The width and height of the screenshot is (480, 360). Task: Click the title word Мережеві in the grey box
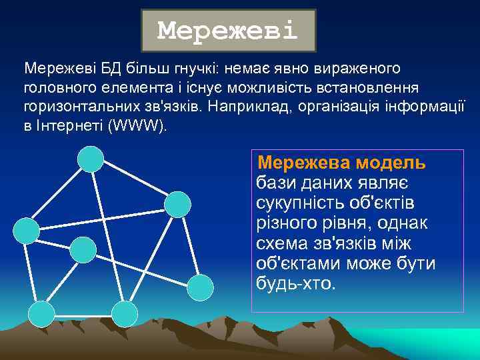click(227, 31)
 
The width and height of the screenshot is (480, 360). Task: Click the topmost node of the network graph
click(91, 159)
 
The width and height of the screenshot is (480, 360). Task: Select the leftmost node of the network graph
click(27, 231)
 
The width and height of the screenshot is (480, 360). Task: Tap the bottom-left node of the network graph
click(42, 313)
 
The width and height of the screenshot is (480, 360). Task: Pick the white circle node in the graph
click(200, 287)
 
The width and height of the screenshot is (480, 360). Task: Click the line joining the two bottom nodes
click(83, 313)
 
